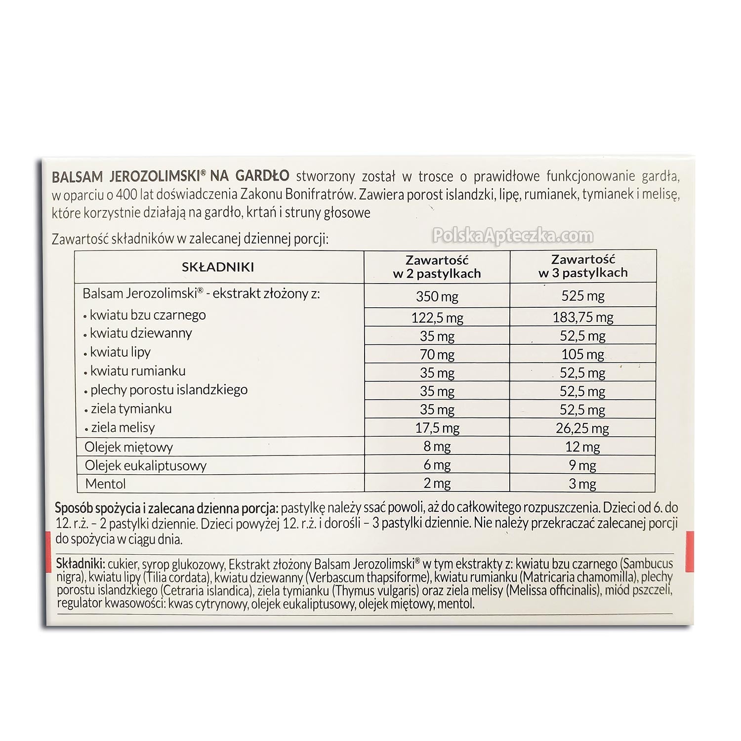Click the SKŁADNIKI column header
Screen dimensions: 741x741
(x=218, y=267)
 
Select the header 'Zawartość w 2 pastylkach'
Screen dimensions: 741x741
(x=437, y=267)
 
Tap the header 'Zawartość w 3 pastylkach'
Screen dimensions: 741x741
(x=583, y=266)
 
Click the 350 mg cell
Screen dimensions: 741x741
(x=437, y=296)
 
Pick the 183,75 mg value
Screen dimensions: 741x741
(x=583, y=317)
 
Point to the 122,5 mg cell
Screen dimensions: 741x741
(x=437, y=318)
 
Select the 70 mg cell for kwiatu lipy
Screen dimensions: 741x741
(x=437, y=354)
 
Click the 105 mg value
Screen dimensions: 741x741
(x=583, y=354)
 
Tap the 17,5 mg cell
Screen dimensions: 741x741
(x=437, y=428)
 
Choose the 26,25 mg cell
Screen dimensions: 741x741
(x=583, y=428)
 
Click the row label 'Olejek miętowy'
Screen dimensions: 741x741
(x=128, y=448)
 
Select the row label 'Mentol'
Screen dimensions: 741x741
(x=105, y=484)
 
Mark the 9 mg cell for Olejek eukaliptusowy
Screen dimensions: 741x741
(x=583, y=465)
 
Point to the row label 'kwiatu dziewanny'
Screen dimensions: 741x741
(x=141, y=333)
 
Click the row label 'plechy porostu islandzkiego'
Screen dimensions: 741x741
(x=169, y=390)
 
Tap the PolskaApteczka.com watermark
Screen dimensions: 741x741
(x=513, y=236)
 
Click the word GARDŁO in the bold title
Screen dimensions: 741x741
(x=262, y=176)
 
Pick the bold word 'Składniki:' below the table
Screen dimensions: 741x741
(x=80, y=564)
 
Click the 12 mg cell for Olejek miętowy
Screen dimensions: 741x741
(x=583, y=447)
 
